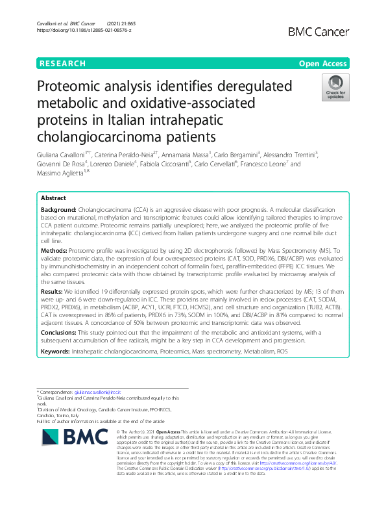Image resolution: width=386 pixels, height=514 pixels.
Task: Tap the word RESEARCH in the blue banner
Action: [x=62, y=64]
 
